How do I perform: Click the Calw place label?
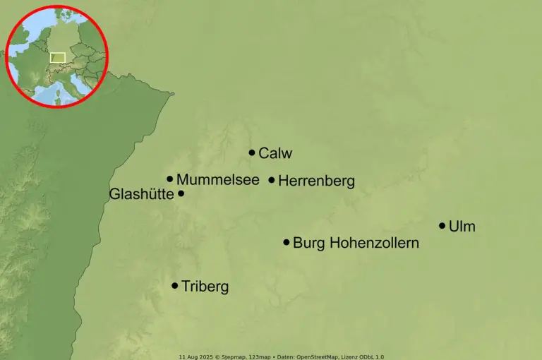(x=275, y=153)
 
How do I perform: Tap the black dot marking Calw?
(x=252, y=152)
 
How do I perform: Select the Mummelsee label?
(x=218, y=180)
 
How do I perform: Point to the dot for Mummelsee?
(x=170, y=179)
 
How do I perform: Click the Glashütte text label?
(x=141, y=194)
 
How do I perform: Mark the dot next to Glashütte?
(x=181, y=193)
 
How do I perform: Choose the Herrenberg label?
(x=316, y=181)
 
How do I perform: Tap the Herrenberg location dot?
(x=272, y=180)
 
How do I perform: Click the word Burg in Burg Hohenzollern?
(x=308, y=243)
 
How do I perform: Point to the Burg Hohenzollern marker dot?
(x=287, y=242)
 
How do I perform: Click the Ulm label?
(x=462, y=227)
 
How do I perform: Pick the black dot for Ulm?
(x=442, y=226)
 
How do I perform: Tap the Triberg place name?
(x=205, y=287)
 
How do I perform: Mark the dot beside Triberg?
(x=175, y=286)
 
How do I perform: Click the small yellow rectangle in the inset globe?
(x=58, y=57)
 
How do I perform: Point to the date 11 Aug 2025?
(x=193, y=356)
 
